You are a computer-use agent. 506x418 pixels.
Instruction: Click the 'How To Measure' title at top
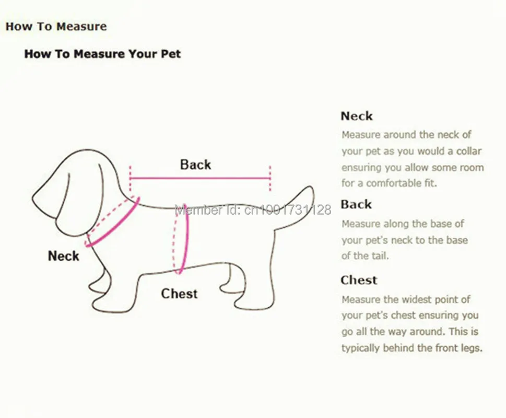click(56, 26)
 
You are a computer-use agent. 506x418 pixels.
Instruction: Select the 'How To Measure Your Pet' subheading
click(103, 54)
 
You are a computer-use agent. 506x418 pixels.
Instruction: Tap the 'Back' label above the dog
click(195, 164)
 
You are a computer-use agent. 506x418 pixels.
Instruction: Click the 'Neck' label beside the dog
click(64, 256)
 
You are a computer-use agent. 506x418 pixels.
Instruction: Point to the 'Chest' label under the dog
click(179, 294)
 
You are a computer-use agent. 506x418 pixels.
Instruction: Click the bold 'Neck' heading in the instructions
click(357, 116)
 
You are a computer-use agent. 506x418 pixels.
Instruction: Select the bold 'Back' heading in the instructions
click(356, 204)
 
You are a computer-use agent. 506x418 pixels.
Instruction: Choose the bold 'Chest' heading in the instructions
click(359, 280)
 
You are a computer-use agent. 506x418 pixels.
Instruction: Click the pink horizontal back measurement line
click(200, 178)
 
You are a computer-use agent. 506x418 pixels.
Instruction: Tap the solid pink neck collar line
click(113, 223)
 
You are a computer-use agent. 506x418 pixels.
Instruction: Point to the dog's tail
click(295, 206)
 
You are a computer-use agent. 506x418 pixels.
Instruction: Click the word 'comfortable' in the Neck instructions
click(393, 183)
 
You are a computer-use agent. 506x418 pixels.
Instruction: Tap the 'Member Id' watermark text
click(253, 210)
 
